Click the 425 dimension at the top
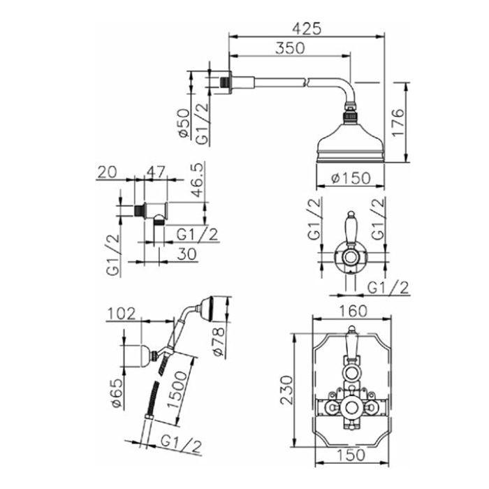[306, 29]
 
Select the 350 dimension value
[290, 48]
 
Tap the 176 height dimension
[398, 122]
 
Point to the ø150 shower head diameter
[351, 178]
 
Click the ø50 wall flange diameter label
[184, 123]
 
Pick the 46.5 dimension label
[197, 180]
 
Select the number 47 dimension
[156, 172]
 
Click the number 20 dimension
[107, 172]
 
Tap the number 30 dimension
[187, 254]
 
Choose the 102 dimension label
[122, 314]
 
